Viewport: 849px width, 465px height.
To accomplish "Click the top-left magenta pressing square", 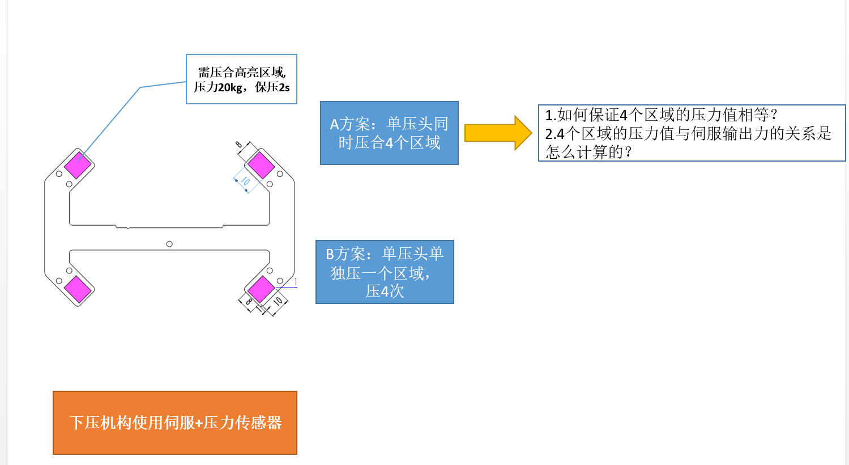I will pyautogui.click(x=78, y=165).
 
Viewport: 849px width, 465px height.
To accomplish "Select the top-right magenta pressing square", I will pyautogui.click(x=261, y=165).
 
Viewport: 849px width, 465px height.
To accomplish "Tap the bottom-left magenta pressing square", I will pyautogui.click(x=78, y=289).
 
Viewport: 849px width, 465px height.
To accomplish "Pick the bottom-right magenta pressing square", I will pyautogui.click(x=261, y=289).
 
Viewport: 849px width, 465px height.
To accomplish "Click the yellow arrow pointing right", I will pyautogui.click(x=497, y=133).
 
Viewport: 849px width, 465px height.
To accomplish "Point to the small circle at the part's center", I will pyautogui.click(x=169, y=244).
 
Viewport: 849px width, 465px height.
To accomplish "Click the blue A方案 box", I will pyautogui.click(x=389, y=133).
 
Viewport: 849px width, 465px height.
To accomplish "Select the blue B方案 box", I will pyautogui.click(x=385, y=272).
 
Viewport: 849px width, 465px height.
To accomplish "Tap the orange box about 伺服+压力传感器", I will pyautogui.click(x=175, y=422).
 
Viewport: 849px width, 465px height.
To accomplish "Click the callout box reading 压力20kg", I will pyautogui.click(x=241, y=79).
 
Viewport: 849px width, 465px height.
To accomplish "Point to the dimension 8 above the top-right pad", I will pyautogui.click(x=239, y=145).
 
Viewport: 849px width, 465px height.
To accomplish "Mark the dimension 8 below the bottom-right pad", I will pyautogui.click(x=248, y=302).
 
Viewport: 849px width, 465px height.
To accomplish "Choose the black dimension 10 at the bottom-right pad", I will pyautogui.click(x=278, y=301).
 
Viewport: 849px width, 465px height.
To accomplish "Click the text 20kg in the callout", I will pyautogui.click(x=231, y=87).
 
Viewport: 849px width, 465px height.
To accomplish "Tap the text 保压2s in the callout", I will pyautogui.click(x=272, y=87).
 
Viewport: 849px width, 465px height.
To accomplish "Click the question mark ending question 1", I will pyautogui.click(x=774, y=115).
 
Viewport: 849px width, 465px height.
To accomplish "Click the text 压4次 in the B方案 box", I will pyautogui.click(x=385, y=291).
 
